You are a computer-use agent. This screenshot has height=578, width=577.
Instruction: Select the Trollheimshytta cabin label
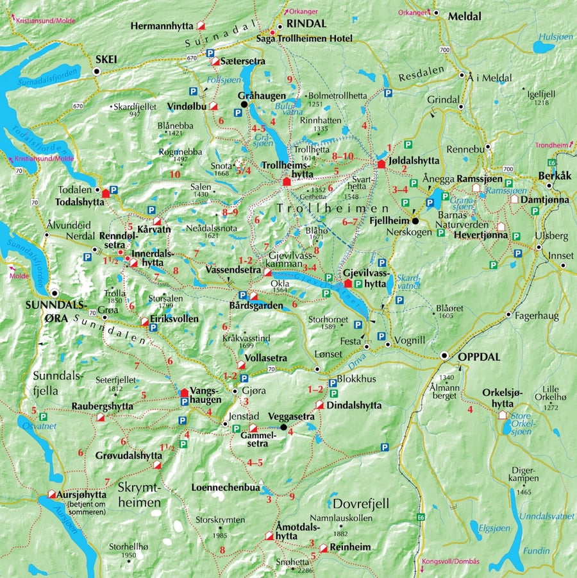[x=286, y=169]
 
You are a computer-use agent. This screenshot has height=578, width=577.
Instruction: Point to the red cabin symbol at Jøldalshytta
[x=381, y=164]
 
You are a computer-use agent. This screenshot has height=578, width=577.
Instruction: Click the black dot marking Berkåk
[x=549, y=186]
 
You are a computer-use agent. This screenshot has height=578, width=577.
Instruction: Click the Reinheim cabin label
[x=350, y=547]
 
